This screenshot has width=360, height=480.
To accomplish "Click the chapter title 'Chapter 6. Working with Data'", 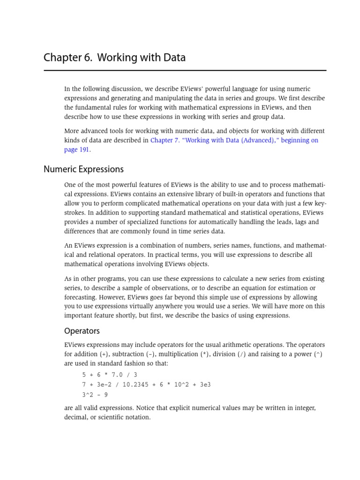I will (x=114, y=58).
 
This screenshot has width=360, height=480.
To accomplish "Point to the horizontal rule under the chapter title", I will (x=185, y=71).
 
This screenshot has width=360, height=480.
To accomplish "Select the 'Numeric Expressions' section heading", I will (x=83, y=169).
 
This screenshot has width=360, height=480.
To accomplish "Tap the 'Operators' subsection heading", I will (x=82, y=331).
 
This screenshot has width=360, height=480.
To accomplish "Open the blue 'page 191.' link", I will (x=77, y=150).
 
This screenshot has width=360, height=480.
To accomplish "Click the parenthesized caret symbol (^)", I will (x=318, y=354).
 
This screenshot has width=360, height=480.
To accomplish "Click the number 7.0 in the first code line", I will (x=114, y=375).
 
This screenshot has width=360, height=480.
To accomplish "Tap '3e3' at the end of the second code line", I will (x=205, y=384).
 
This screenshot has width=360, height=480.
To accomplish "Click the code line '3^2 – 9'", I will (x=95, y=394).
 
